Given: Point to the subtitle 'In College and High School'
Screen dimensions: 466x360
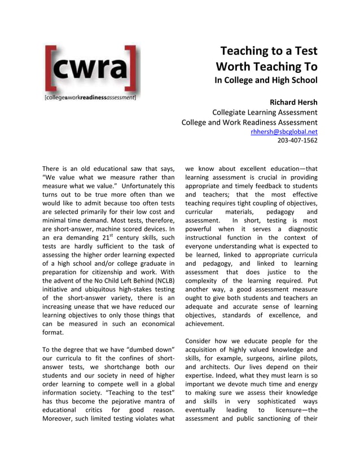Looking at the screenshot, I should pyautogui.click(x=266, y=80).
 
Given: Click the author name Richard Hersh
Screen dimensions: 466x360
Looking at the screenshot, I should pyautogui.click(x=293, y=102).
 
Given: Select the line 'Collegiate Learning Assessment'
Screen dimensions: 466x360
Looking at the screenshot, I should pyautogui.click(x=264, y=112).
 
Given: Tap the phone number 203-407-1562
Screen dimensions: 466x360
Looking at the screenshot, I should pyautogui.click(x=297, y=140).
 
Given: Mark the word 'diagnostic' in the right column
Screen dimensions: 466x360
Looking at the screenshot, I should pyautogui.click(x=298, y=229).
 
